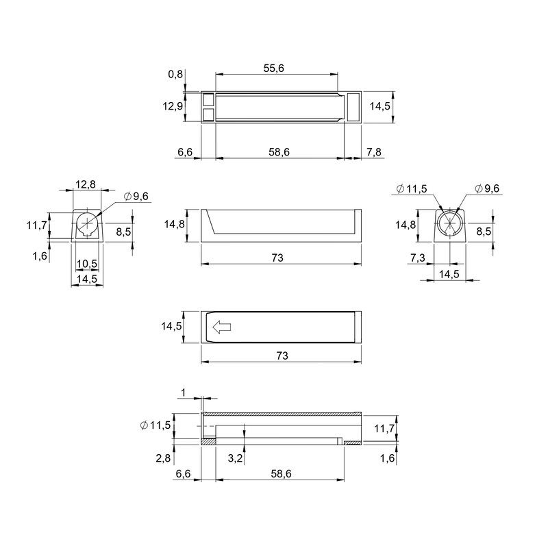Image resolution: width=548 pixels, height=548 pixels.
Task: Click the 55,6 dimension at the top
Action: (x=273, y=68)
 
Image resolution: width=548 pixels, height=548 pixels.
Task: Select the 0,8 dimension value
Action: (x=175, y=74)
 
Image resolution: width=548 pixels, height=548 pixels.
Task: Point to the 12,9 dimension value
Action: (x=173, y=106)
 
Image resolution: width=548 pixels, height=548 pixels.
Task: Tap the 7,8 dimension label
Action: (x=373, y=152)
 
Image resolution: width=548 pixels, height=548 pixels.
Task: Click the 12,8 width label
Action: (x=86, y=184)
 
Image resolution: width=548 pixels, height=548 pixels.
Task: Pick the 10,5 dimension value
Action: (x=87, y=264)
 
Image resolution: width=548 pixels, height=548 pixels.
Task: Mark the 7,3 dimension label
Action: (x=418, y=258)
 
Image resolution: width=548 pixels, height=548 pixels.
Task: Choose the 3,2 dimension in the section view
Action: (x=235, y=458)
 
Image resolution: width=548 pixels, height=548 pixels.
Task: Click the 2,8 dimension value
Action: (x=163, y=458)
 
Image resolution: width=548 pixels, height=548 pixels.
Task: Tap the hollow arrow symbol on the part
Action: (x=221, y=327)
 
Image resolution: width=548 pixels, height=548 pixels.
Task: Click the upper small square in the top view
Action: (x=209, y=99)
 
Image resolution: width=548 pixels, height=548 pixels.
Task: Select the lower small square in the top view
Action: (x=209, y=114)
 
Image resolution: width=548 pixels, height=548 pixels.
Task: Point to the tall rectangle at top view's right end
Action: (x=353, y=107)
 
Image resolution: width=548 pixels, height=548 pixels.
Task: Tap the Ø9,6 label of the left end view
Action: (x=136, y=197)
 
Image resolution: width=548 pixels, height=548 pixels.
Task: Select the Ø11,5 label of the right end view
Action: (x=412, y=189)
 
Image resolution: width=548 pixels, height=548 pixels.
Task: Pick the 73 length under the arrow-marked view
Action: (x=282, y=356)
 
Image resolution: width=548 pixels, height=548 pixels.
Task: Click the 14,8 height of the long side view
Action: (x=175, y=224)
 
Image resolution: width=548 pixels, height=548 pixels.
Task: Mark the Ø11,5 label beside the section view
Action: (x=155, y=425)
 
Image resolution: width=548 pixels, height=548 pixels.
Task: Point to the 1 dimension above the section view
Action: (x=184, y=393)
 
